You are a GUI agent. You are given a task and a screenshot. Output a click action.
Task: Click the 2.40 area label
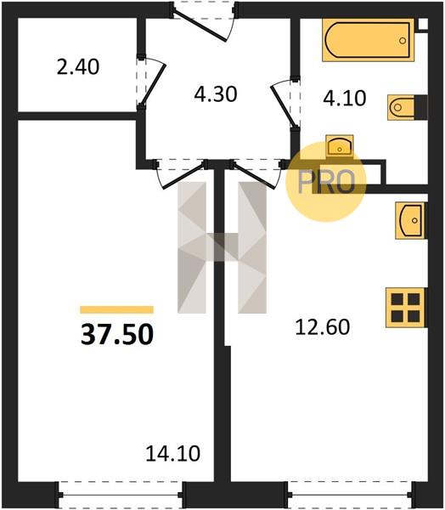click(78, 67)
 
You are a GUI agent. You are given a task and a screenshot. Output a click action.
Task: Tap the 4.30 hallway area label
click(216, 94)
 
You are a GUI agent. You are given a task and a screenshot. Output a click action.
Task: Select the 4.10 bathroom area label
click(345, 99)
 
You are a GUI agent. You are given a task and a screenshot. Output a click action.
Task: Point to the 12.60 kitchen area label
click(323, 327)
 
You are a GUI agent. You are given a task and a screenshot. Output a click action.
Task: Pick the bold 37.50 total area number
click(117, 335)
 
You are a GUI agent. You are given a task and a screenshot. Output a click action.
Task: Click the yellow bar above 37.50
click(116, 309)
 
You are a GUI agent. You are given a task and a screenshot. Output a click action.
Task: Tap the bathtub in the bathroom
click(369, 40)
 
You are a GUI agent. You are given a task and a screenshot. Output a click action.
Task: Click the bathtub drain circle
click(403, 41)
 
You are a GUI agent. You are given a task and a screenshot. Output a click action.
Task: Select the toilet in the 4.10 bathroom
click(407, 107)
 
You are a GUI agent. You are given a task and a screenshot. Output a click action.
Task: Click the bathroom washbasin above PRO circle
click(340, 145)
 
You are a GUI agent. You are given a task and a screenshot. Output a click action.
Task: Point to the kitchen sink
click(410, 220)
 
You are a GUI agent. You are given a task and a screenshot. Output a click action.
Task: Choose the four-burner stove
click(405, 308)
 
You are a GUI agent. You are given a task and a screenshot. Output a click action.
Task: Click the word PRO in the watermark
click(326, 182)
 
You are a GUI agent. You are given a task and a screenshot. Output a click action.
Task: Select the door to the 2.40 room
click(151, 82)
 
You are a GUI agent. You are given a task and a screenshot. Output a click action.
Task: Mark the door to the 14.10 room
click(181, 174)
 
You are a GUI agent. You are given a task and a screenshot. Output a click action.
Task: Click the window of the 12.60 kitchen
click(352, 495)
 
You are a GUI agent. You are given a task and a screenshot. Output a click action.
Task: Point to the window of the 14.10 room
click(121, 495)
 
